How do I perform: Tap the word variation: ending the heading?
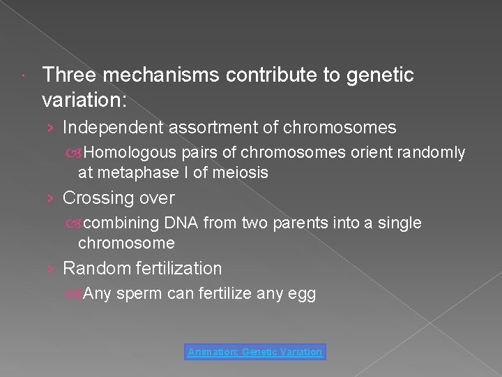84,100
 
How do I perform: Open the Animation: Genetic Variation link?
255,352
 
